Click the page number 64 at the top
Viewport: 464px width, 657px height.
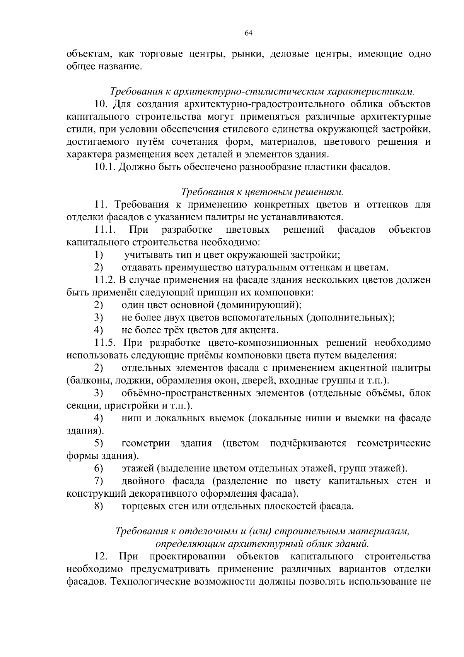[x=249, y=33]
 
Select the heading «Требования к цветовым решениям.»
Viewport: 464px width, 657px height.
[x=262, y=192]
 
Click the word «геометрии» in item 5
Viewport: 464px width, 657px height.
[x=146, y=443]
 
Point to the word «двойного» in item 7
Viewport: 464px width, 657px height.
[x=139, y=481]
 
